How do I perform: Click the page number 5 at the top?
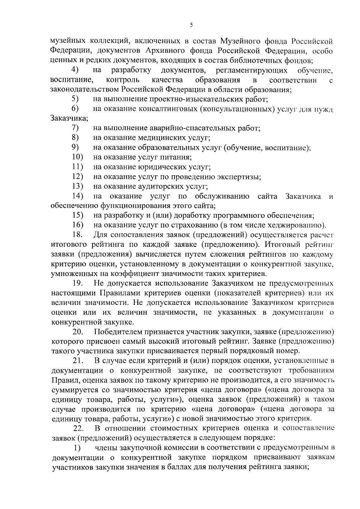pos(191,26)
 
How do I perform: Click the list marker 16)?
pos(78,225)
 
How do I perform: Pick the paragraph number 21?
pos(79,360)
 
